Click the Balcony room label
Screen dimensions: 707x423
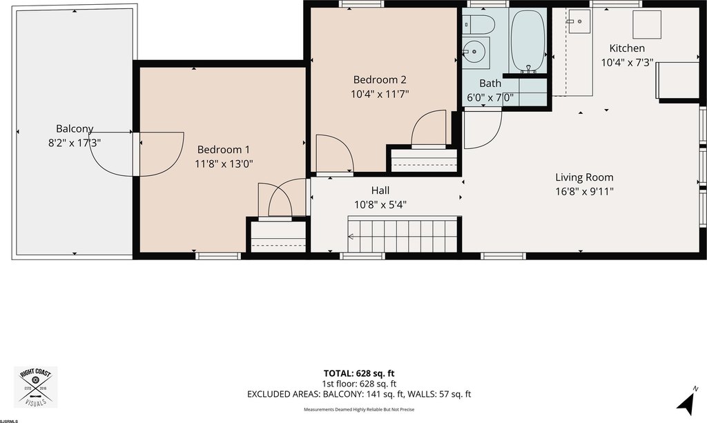pyautogui.click(x=75, y=128)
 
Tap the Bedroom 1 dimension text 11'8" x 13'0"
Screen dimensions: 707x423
pyautogui.click(x=224, y=164)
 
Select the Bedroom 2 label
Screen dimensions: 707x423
pyautogui.click(x=380, y=80)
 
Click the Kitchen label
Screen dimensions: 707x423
pyautogui.click(x=627, y=48)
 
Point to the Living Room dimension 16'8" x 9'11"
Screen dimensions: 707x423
pyautogui.click(x=584, y=191)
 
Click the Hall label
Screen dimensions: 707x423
pyautogui.click(x=380, y=190)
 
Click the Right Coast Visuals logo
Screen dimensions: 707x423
pyautogui.click(x=36, y=387)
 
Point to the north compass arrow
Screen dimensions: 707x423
pyautogui.click(x=686, y=402)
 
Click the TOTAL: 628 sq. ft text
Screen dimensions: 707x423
pyautogui.click(x=359, y=373)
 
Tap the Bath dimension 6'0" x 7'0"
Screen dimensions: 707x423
pyautogui.click(x=490, y=98)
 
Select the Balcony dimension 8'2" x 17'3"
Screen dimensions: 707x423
pyautogui.click(x=75, y=143)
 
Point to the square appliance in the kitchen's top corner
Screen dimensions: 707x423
pyautogui.click(x=647, y=24)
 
